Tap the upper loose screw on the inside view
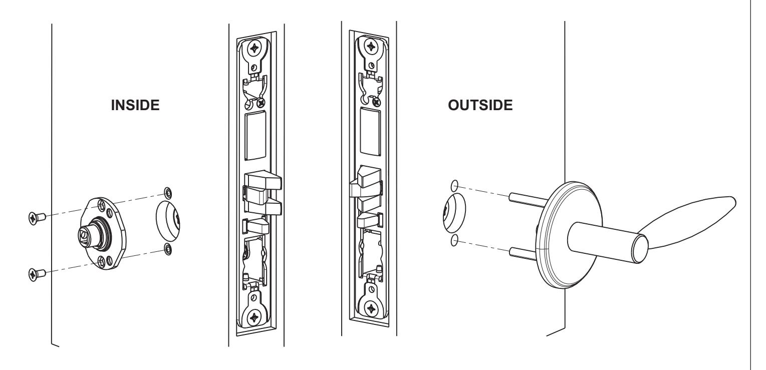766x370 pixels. pos(35,217)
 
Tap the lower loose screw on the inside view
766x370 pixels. pos(35,273)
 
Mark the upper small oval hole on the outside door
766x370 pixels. pos(454,185)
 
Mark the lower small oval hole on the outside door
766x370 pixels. pos(454,241)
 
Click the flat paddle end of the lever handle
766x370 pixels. pos(691,220)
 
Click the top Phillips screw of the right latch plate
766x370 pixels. pos(371,47)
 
